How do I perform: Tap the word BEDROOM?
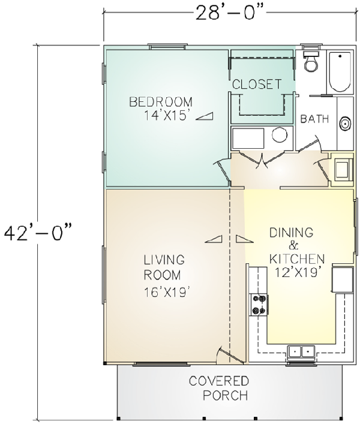[x=161, y=101]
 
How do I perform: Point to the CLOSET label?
[x=257, y=85]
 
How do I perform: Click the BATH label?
[x=314, y=119]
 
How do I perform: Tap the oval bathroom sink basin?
[x=345, y=124]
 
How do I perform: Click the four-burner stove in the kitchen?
[x=259, y=304]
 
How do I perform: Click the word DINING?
[x=292, y=232]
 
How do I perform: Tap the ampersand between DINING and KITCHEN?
[x=293, y=245]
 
